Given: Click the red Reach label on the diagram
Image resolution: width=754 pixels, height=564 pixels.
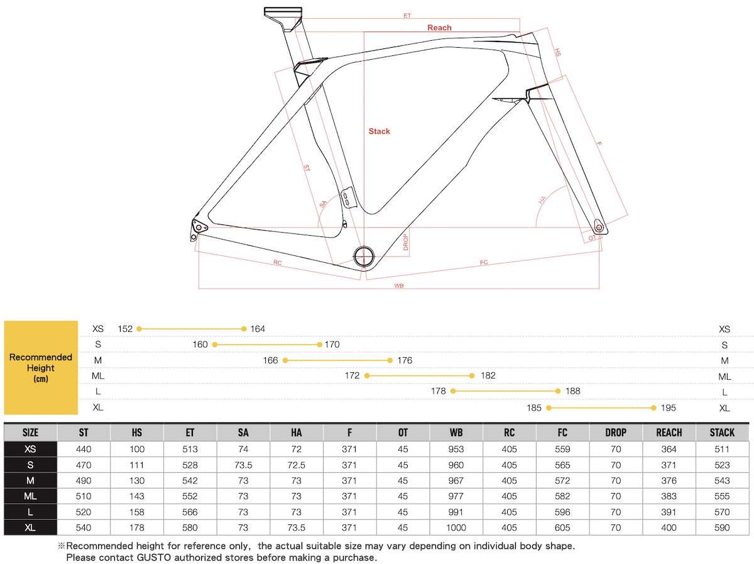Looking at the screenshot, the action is pyautogui.click(x=439, y=28).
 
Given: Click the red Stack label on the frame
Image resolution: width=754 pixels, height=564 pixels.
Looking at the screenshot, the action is pyautogui.click(x=379, y=131).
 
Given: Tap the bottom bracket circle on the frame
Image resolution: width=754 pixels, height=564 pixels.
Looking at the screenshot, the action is pyautogui.click(x=364, y=256).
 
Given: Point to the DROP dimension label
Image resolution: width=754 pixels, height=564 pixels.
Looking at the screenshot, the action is pyautogui.click(x=406, y=241).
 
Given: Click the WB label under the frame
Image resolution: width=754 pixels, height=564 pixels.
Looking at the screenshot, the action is pyautogui.click(x=398, y=285).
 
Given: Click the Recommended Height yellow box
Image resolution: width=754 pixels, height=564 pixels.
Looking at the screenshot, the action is pyautogui.click(x=41, y=367).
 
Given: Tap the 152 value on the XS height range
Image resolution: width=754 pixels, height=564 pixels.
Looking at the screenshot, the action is pyautogui.click(x=124, y=329).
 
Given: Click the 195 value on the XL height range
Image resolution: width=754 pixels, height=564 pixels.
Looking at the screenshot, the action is pyautogui.click(x=668, y=407).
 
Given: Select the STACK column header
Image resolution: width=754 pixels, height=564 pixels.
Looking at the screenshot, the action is pyautogui.click(x=722, y=432).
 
